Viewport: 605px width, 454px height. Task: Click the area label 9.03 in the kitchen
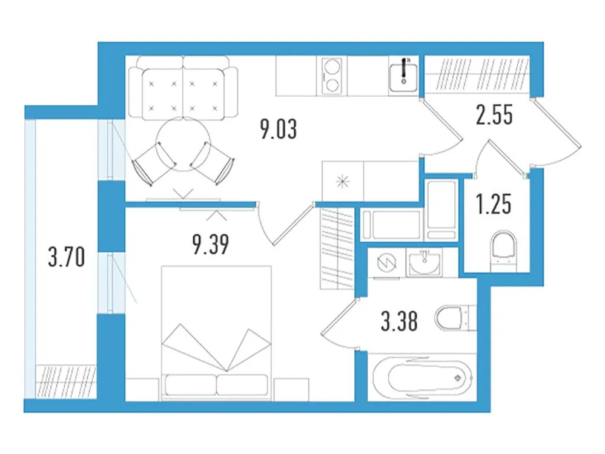[279, 129]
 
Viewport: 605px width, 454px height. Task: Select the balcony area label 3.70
[65, 260]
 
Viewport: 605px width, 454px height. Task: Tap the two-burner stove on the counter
[331, 75]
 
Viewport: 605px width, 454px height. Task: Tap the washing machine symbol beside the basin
[386, 264]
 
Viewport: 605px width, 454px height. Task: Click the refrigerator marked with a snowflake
[343, 180]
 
